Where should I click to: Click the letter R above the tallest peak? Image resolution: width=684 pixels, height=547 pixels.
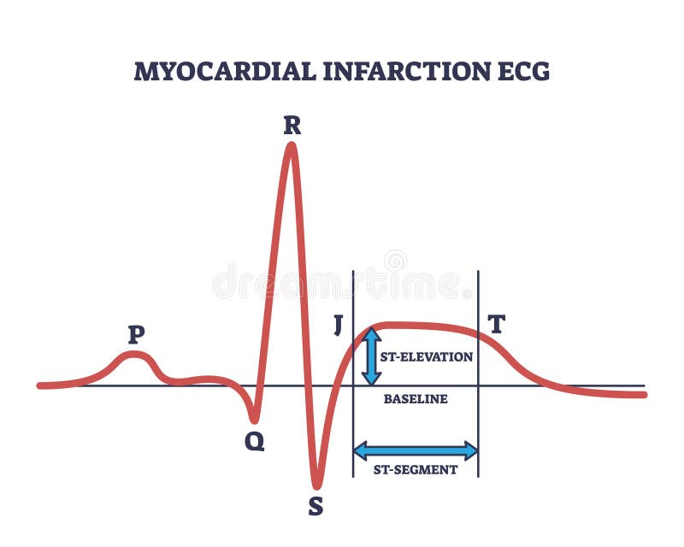[x=292, y=126]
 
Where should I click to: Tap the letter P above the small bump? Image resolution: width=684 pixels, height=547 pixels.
[x=135, y=334]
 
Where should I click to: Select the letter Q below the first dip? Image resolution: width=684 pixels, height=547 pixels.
[x=254, y=441]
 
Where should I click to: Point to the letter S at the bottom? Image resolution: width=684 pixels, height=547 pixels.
[x=315, y=507]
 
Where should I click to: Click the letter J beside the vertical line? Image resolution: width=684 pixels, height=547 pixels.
[x=338, y=326]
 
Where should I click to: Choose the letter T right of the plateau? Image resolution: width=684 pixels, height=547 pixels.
[x=497, y=324]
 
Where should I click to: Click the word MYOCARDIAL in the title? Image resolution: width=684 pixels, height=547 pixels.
[x=223, y=72]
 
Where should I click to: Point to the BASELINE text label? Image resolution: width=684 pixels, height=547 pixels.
[x=416, y=399]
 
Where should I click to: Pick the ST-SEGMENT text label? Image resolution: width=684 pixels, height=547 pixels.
[x=416, y=469]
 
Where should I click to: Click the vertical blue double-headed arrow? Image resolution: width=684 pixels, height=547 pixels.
[x=372, y=356]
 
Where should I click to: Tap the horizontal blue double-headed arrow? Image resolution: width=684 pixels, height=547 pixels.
[x=416, y=450]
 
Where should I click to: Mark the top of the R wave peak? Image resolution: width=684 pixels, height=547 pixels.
[x=292, y=145]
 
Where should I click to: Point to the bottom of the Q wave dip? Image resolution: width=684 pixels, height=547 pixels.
[x=254, y=420]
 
